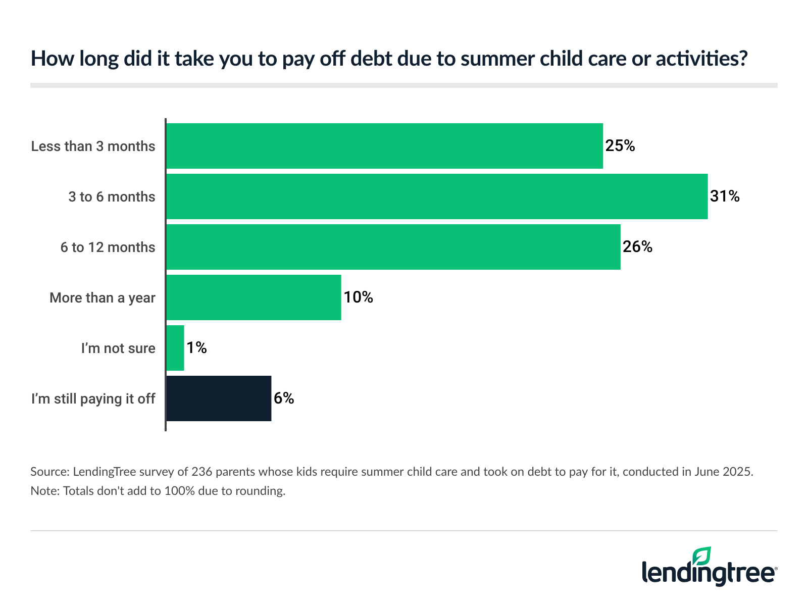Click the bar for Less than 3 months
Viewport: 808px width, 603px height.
(384, 146)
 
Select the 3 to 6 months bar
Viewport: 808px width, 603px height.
(437, 196)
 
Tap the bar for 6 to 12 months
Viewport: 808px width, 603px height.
(393, 247)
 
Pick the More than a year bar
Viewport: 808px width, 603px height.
(254, 297)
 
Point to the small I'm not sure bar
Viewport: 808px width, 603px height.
(175, 348)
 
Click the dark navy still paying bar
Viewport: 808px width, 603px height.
(219, 398)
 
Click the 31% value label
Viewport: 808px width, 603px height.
(725, 196)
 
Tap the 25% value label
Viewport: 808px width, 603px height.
(620, 145)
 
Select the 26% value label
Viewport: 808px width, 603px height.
(637, 246)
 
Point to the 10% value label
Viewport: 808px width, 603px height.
(358, 297)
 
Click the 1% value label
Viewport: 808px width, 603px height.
(196, 347)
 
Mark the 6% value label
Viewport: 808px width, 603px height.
(284, 398)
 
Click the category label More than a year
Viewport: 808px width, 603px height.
(103, 298)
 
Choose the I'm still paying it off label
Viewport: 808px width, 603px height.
(93, 399)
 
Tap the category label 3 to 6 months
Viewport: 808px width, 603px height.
(112, 197)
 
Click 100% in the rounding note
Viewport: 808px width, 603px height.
(180, 491)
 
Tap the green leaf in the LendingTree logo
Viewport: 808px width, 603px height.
(702, 556)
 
